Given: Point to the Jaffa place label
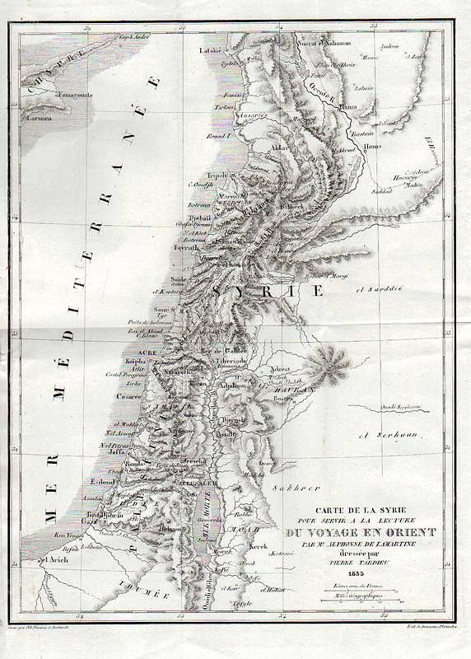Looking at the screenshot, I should pyautogui.click(x=114, y=451).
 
